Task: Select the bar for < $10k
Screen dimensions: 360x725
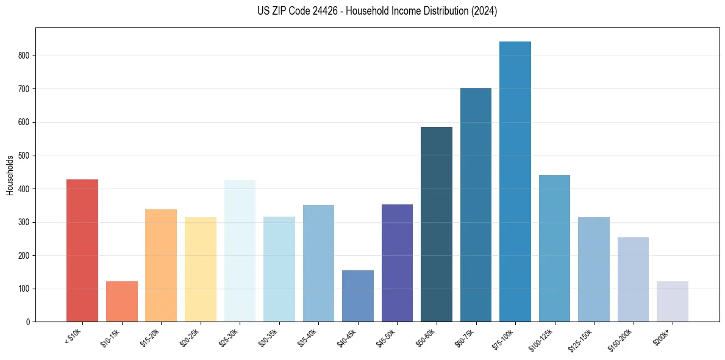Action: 82,251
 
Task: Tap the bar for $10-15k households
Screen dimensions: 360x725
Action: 122,301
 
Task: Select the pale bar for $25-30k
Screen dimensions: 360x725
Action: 240,251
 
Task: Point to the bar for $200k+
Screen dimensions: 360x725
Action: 673,301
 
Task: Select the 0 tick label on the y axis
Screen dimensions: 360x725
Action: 30,322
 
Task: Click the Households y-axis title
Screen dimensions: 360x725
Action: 10,175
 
